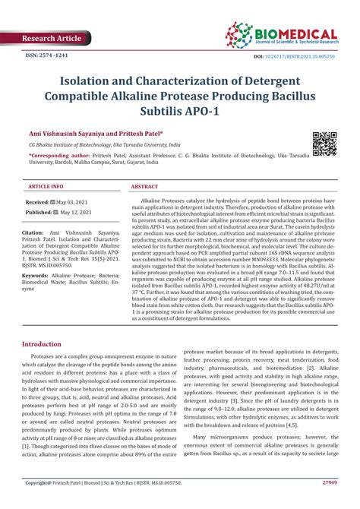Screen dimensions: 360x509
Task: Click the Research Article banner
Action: click(x=51, y=38)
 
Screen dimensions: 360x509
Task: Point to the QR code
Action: click(x=325, y=143)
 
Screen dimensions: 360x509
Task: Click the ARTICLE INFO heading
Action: click(x=45, y=186)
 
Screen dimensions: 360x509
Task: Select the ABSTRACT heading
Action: click(x=145, y=186)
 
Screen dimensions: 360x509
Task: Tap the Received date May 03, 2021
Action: click(x=72, y=203)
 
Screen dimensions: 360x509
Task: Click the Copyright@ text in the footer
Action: click(x=43, y=502)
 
